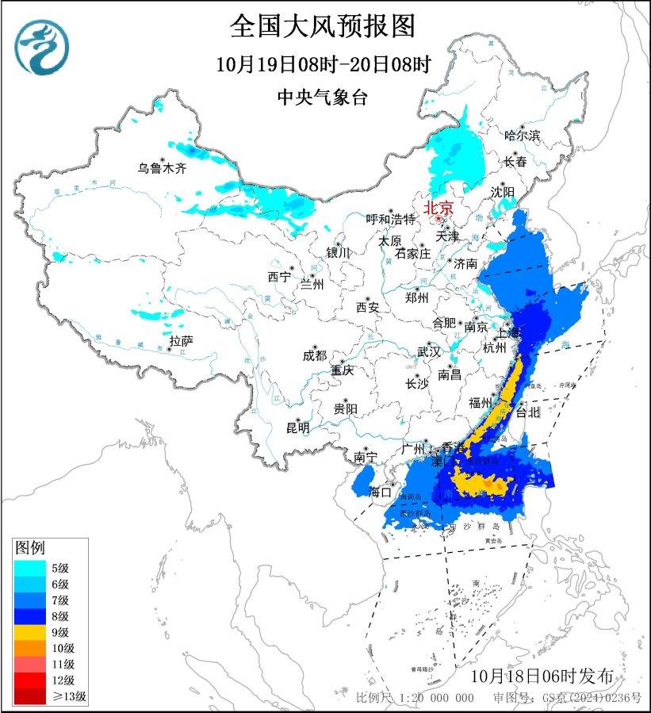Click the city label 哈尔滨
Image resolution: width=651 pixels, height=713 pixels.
point(522,136)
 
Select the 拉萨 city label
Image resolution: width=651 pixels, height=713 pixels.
point(181,341)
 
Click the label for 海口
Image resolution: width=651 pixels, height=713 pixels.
point(381,492)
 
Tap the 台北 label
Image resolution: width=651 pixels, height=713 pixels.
point(527,412)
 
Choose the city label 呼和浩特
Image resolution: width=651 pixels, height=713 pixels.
point(390,219)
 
